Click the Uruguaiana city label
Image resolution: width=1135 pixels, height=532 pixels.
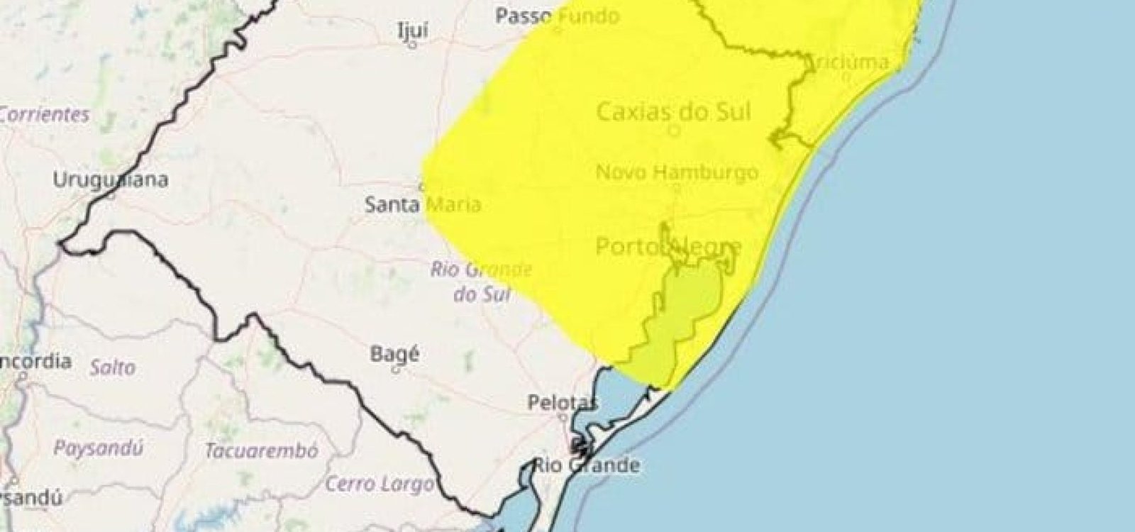click(x=111, y=180)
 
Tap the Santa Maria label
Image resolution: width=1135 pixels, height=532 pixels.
click(x=423, y=206)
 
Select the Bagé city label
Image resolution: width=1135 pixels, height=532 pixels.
click(x=395, y=353)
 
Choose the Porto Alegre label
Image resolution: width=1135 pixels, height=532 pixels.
click(x=669, y=246)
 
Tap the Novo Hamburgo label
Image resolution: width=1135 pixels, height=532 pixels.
click(x=677, y=172)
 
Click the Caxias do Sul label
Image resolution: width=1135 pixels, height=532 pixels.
click(x=674, y=111)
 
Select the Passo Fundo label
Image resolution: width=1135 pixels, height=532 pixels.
click(x=557, y=16)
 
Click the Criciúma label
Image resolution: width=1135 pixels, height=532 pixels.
click(x=848, y=62)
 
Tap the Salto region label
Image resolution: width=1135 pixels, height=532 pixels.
click(x=112, y=367)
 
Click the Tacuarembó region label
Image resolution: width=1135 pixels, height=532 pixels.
click(x=262, y=450)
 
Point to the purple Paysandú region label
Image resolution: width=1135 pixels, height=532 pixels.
click(x=99, y=448)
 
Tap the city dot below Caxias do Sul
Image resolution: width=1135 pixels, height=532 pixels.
click(x=675, y=130)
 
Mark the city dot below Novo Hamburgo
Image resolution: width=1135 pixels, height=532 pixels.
click(x=676, y=188)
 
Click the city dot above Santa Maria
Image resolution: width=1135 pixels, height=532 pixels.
click(x=422, y=187)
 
